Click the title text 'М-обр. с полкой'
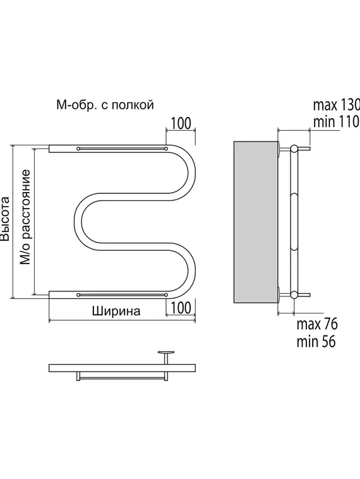[x=105, y=105]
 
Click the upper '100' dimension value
[x=181, y=123]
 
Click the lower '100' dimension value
[x=181, y=308]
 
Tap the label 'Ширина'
[x=116, y=312]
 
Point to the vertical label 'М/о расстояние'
[x=25, y=217]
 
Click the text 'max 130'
[x=337, y=105]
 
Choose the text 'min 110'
[x=336, y=121]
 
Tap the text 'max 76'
[x=317, y=324]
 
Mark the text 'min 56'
[x=316, y=341]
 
